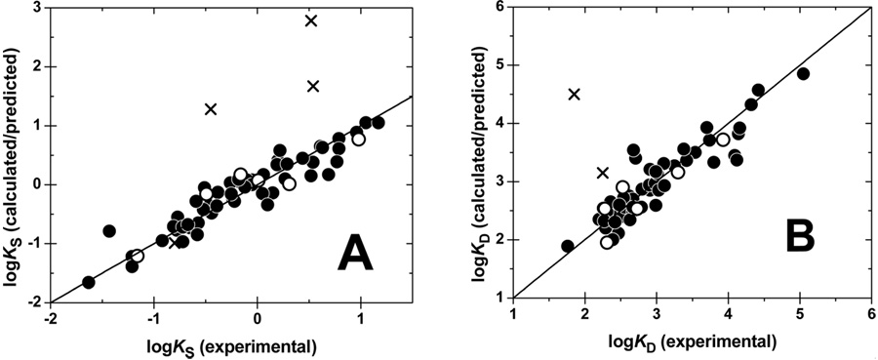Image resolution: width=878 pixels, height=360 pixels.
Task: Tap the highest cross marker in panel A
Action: (311, 20)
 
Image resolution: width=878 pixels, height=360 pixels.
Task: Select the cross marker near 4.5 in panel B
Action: (575, 94)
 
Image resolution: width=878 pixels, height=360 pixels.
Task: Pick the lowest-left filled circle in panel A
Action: (89, 282)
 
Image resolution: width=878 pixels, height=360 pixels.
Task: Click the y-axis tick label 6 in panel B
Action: (497, 9)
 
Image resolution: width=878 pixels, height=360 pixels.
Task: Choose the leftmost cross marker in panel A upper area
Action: (210, 108)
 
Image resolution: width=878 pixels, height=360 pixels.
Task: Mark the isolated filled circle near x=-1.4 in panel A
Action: (109, 231)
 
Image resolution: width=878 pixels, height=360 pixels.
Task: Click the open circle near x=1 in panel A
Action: (359, 140)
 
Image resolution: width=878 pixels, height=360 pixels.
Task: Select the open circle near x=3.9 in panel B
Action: (722, 140)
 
